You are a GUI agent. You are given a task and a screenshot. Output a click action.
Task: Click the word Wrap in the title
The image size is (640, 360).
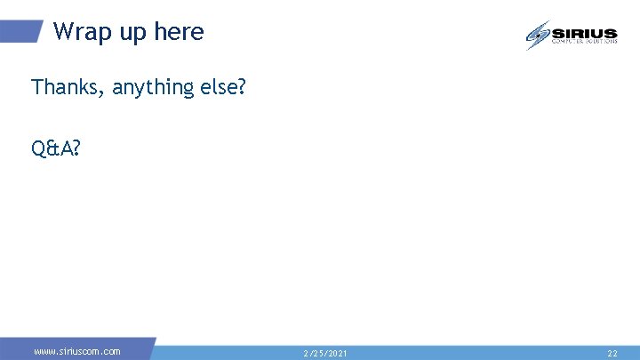point(77,32)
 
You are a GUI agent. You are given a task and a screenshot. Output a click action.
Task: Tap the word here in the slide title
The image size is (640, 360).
point(179,33)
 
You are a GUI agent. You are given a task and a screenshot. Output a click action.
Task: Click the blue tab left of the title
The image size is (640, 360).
point(21,32)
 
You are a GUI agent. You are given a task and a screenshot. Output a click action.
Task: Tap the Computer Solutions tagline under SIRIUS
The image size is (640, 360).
point(584,41)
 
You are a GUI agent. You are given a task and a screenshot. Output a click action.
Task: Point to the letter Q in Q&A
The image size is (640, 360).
point(38,148)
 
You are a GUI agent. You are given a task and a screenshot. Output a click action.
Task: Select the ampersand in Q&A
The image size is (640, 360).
point(51,148)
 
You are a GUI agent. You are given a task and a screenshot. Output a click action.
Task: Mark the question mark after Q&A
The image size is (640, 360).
point(74,148)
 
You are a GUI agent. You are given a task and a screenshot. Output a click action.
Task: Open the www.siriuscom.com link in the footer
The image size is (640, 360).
point(77,352)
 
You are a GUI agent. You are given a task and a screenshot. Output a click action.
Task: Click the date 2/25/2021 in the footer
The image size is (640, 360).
point(325,354)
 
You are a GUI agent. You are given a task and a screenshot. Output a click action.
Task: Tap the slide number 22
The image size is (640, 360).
point(612,354)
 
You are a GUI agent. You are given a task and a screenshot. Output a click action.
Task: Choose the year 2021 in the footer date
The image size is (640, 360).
point(336,354)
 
